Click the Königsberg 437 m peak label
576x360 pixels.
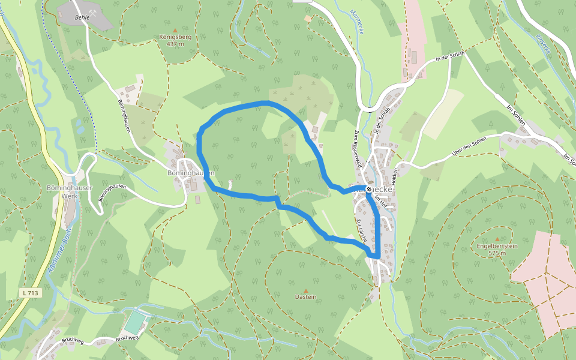[175, 40]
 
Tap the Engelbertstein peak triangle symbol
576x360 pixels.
[497, 239]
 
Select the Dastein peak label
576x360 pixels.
[305, 297]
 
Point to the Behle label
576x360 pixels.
[82, 18]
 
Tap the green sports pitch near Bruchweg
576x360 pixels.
[136, 322]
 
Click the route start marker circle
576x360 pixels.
[368, 188]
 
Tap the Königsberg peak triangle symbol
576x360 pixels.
[175, 30]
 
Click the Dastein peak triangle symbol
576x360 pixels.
[305, 290]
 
